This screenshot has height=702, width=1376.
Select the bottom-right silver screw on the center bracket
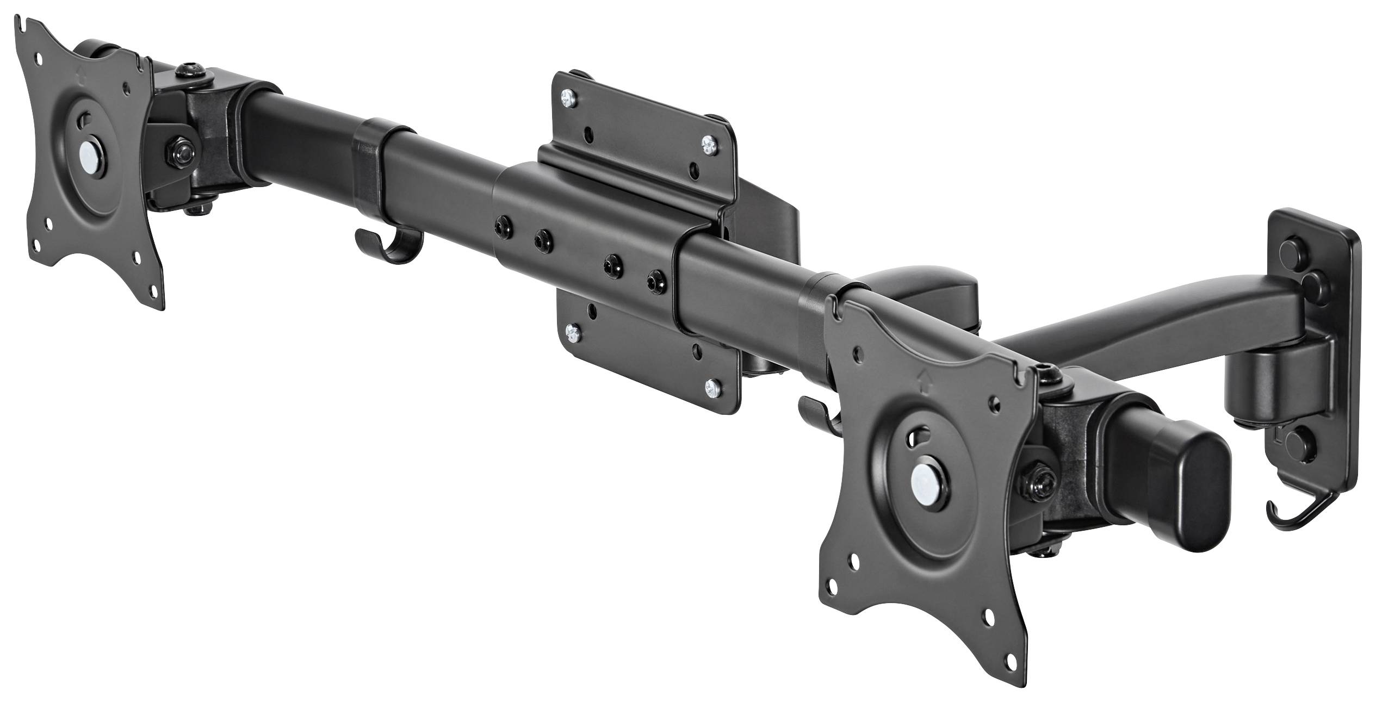click(x=710, y=388)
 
